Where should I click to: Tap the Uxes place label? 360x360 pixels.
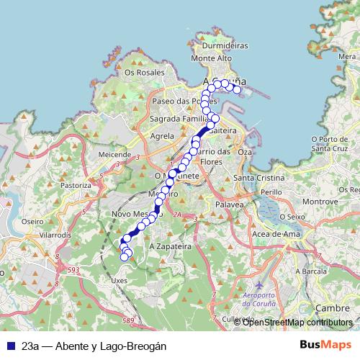point(120,280)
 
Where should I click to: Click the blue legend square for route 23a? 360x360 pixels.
point(10,346)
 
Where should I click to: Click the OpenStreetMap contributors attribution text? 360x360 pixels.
point(297,323)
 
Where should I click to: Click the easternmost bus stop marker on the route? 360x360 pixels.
point(237,89)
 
